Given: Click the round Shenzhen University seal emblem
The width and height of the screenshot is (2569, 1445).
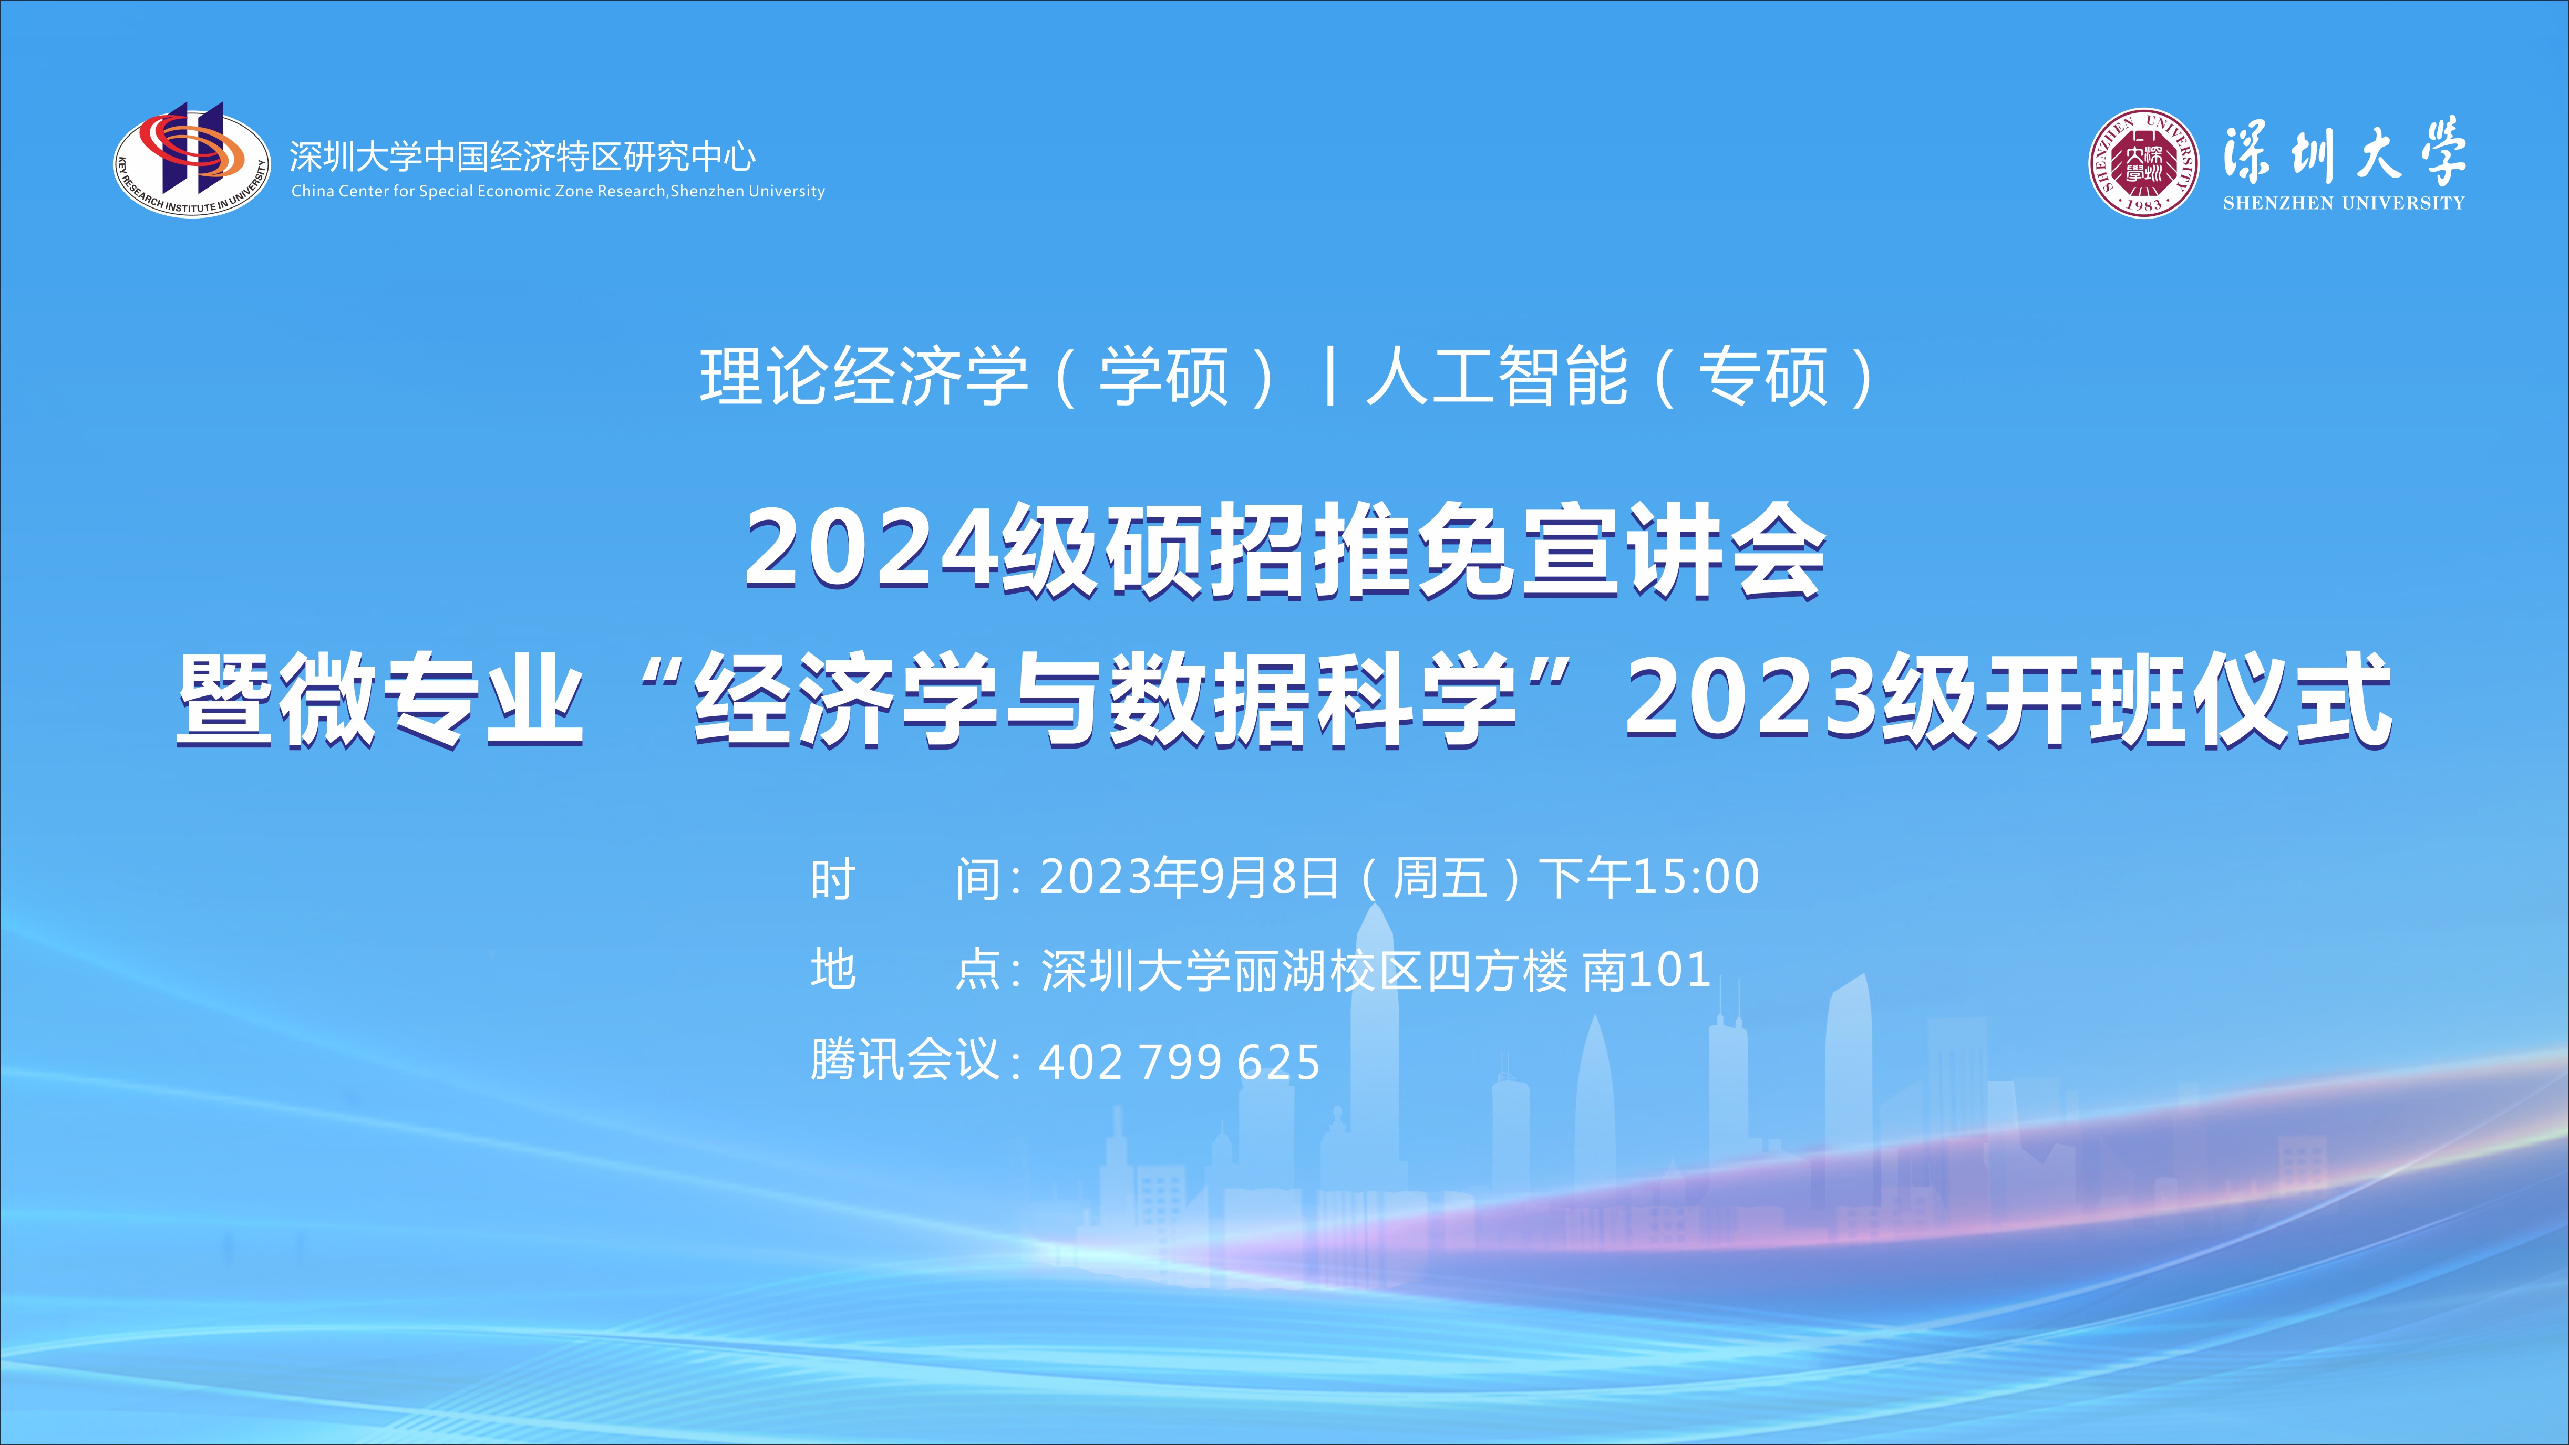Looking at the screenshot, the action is (2143, 162).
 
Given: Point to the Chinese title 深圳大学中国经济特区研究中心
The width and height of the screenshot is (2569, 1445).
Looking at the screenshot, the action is (523, 157).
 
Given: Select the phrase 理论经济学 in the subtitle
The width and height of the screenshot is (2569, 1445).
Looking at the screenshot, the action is (864, 377).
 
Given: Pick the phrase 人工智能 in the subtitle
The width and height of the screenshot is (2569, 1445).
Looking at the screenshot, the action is (1497, 377).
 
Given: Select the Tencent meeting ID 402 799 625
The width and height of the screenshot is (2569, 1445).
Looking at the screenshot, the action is (1180, 1063).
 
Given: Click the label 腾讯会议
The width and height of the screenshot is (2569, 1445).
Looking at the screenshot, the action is (904, 1061).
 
